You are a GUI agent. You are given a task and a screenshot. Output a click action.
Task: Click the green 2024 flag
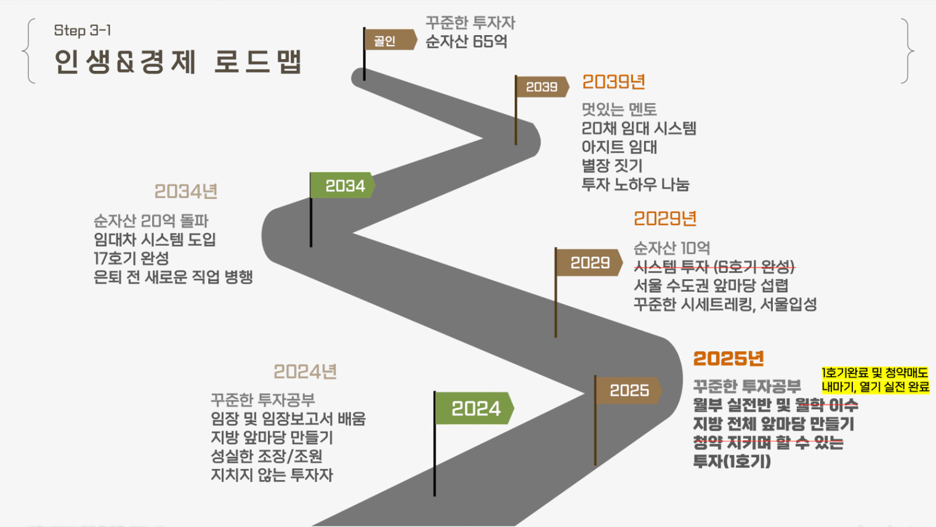474,408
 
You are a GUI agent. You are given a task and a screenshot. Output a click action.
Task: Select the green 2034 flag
342,186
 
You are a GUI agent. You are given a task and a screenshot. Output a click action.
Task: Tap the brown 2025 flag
629,390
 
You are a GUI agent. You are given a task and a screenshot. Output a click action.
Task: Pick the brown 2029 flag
589,262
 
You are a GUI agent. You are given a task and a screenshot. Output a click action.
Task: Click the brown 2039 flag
542,86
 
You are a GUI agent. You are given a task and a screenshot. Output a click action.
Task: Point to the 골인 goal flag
390,40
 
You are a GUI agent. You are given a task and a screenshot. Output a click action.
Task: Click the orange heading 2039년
613,82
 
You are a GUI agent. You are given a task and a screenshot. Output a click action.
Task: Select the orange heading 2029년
665,219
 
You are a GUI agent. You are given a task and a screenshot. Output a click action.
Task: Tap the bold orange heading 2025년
728,359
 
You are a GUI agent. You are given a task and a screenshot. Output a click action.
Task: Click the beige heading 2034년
186,192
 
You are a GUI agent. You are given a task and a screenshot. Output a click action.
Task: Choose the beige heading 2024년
305,372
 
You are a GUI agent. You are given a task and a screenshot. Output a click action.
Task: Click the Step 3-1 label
83,31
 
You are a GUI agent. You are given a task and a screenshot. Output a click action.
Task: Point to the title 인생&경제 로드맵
177,62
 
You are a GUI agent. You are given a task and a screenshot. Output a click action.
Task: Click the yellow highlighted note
875,380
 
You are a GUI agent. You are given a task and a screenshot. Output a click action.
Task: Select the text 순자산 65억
466,41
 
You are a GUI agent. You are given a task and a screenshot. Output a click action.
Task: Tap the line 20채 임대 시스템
639,128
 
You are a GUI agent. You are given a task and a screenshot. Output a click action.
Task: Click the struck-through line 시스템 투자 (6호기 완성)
714,267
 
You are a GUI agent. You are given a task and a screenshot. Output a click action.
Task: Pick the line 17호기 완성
131,258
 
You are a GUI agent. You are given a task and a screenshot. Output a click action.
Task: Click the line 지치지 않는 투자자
272,475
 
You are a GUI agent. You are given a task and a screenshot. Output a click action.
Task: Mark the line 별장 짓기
611,166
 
